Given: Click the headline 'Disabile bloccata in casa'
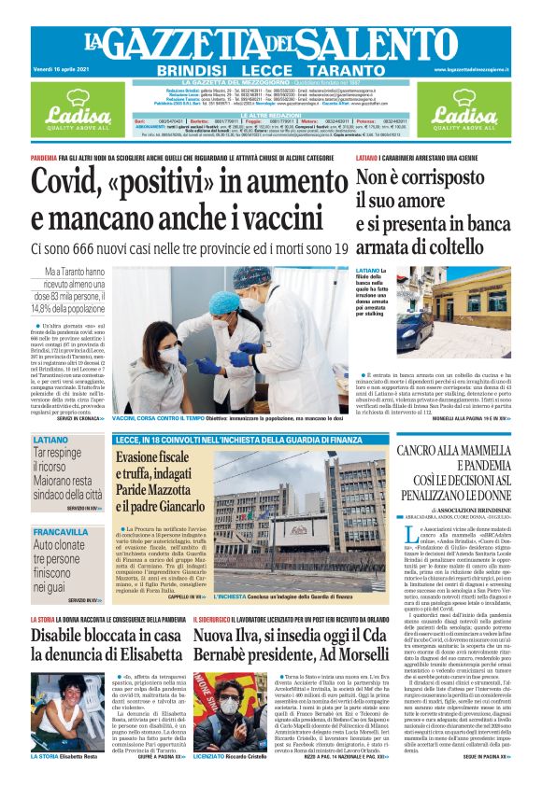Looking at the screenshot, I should point(105,636).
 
